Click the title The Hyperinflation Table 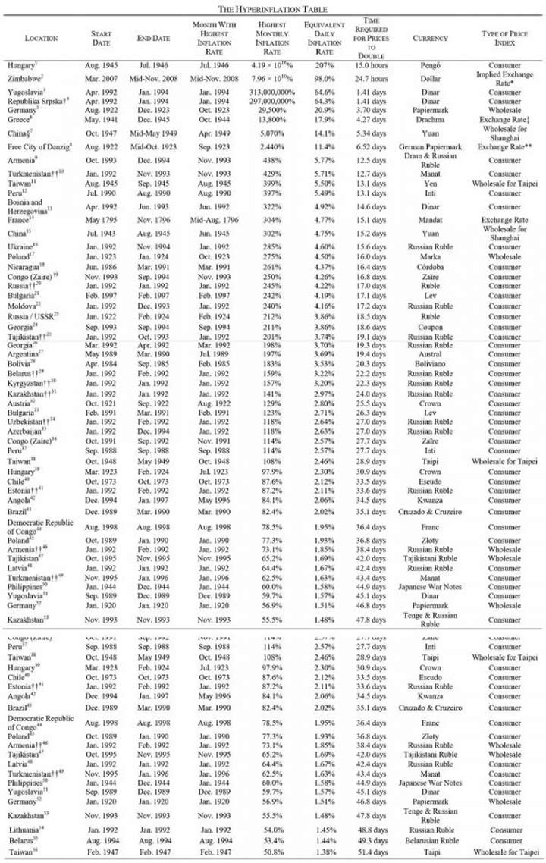pyautogui.click(x=273, y=8)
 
